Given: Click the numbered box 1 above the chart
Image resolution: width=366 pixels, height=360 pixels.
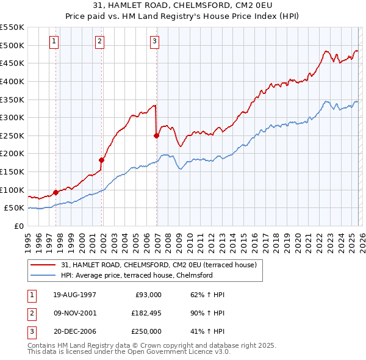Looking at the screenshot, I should point(55,41).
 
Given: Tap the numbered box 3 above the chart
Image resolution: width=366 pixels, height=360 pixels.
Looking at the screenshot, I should point(155,41).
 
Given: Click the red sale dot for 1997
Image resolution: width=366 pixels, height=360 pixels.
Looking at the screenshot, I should point(56,192).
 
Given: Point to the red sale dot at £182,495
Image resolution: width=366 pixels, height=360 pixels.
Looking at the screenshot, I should point(101,160).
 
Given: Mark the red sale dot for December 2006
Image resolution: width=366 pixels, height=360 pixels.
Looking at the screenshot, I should point(156,135).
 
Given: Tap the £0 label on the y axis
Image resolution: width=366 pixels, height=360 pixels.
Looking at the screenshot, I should point(18,226).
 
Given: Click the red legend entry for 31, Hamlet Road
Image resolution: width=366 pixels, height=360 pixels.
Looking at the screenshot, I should point(161,265).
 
